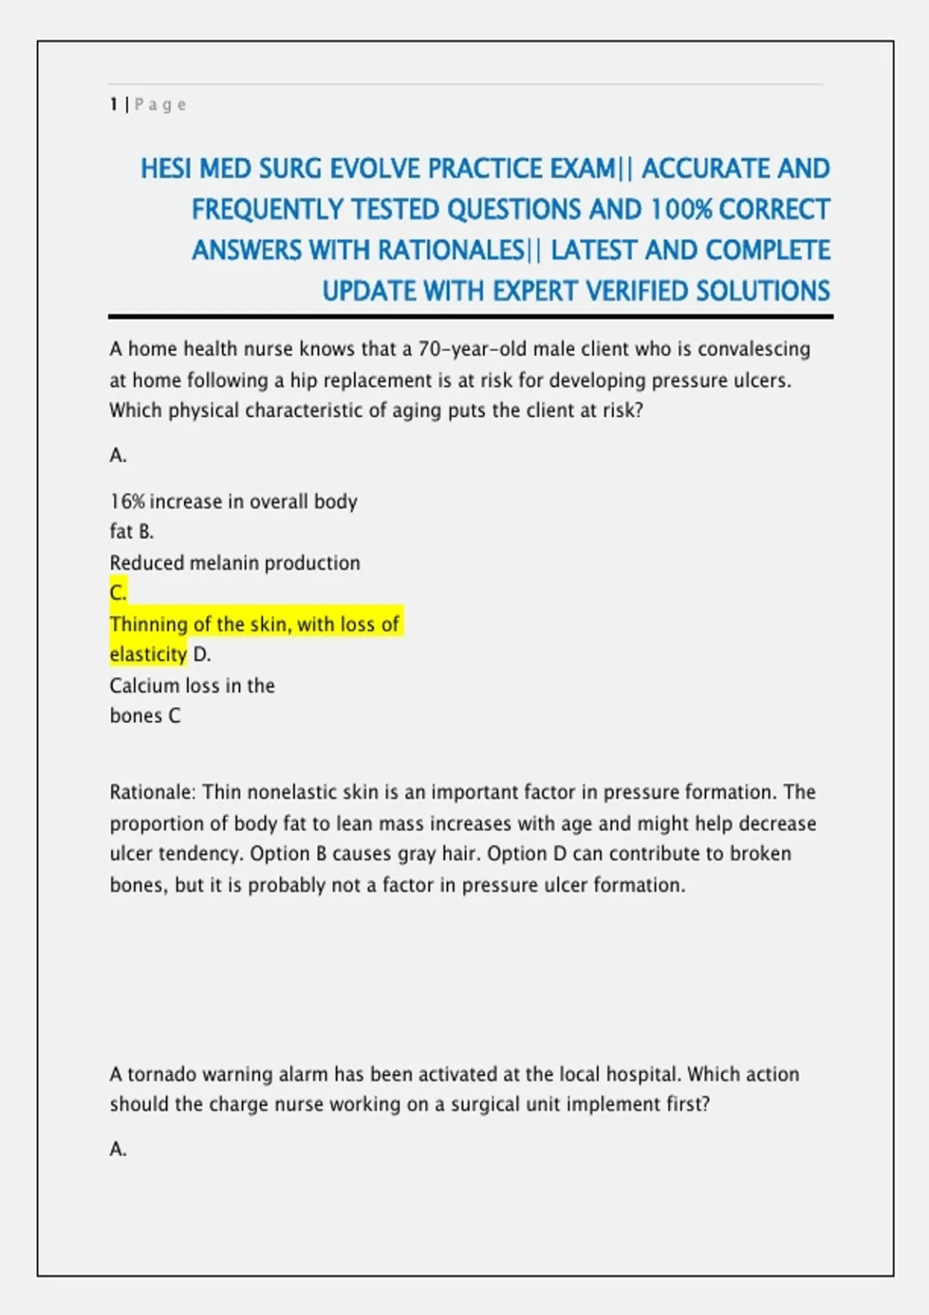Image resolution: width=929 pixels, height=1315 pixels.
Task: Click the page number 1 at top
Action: tap(114, 104)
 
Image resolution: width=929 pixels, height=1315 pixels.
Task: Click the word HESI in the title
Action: tap(166, 169)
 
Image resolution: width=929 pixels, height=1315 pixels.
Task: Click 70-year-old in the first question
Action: tap(472, 350)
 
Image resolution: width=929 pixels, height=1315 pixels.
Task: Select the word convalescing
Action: tap(753, 350)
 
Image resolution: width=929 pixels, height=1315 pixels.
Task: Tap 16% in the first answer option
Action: tap(127, 502)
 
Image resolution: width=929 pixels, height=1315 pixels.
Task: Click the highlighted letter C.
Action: tap(118, 593)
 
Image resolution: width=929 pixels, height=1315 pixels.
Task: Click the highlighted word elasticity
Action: tap(148, 655)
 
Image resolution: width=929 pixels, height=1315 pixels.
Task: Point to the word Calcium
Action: tap(144, 686)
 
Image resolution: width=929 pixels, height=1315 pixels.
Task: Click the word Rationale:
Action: tap(153, 793)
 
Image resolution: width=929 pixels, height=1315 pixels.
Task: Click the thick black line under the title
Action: tap(471, 316)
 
